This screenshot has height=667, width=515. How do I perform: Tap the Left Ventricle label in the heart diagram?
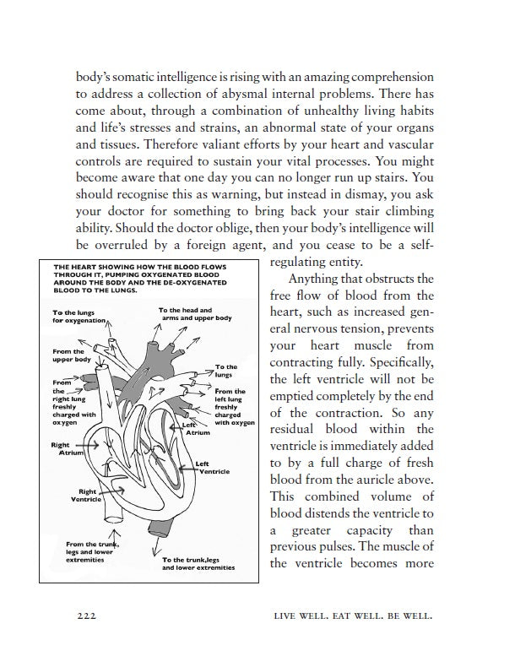(213, 467)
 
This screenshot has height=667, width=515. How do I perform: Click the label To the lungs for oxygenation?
(80, 317)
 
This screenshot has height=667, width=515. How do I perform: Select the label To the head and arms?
(195, 314)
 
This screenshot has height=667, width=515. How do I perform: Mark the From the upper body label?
(68, 355)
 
